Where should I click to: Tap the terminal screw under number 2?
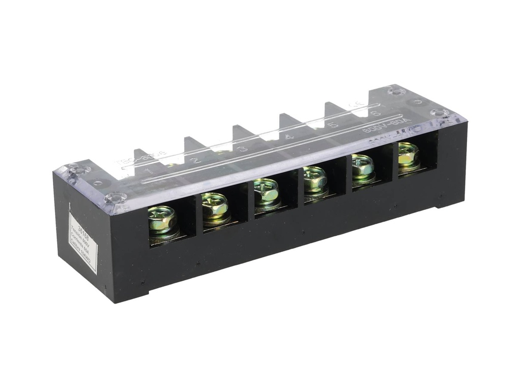point(215,205)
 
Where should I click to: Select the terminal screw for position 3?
point(267,192)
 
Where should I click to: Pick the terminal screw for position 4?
point(315,178)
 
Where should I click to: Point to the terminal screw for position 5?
point(362,166)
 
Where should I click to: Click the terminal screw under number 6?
point(408,154)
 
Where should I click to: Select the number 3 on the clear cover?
point(243,148)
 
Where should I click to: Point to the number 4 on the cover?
point(289,136)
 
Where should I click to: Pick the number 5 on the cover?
point(333,125)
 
